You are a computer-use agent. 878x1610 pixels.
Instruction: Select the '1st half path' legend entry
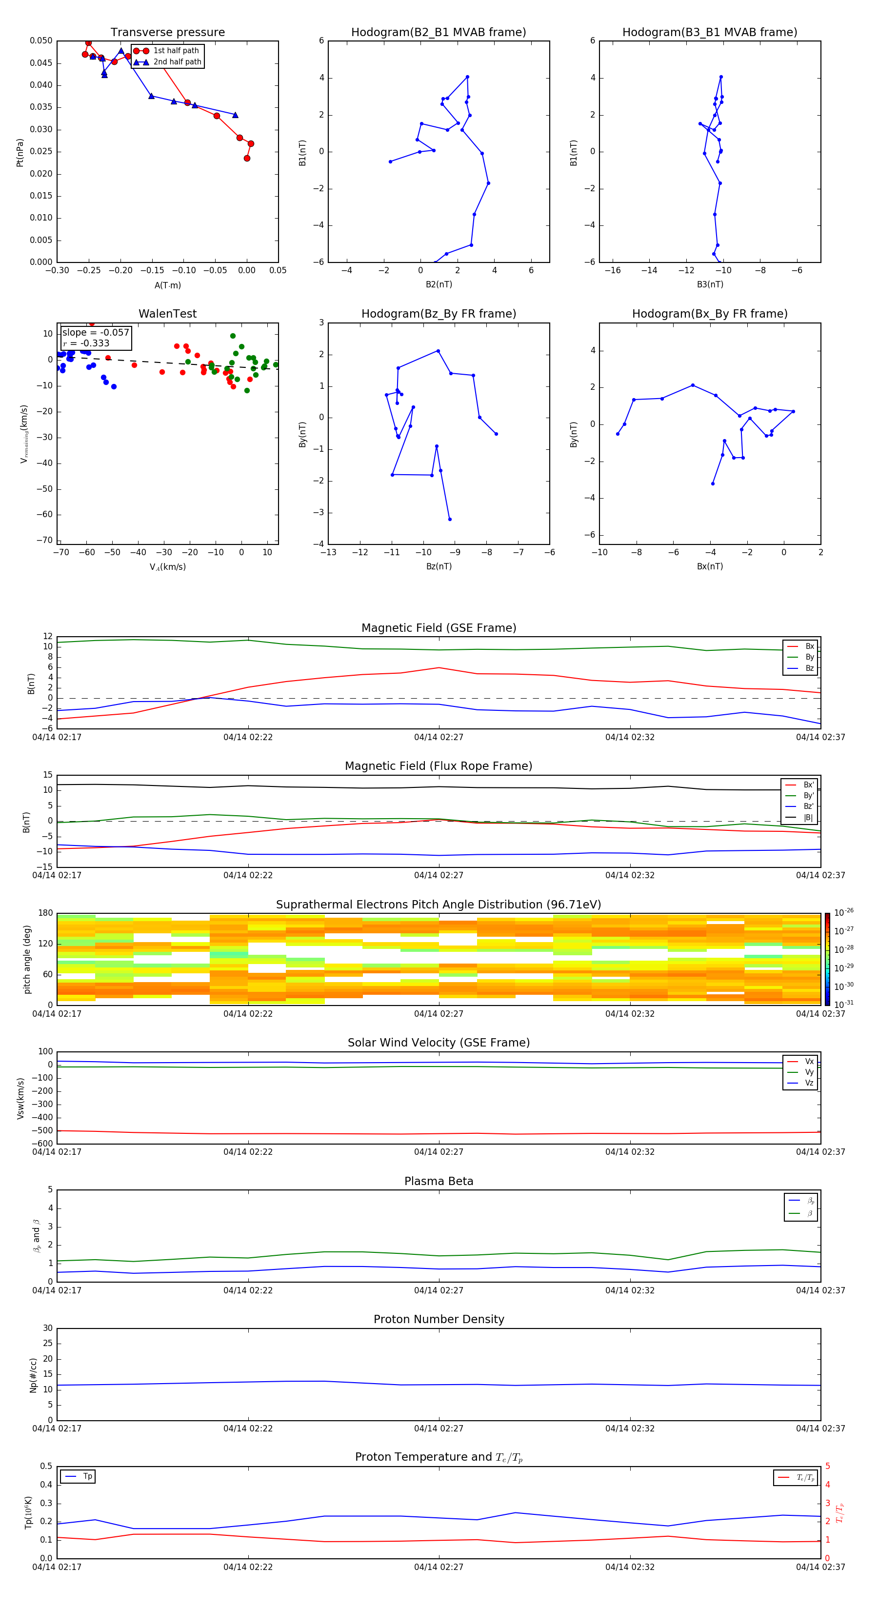coord(176,51)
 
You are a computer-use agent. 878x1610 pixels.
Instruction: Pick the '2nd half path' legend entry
coord(177,62)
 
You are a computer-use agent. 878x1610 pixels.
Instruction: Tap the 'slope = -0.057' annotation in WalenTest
coord(96,333)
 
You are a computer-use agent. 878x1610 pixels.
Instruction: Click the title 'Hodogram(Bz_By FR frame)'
coord(439,314)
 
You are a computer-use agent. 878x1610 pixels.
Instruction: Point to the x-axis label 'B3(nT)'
coord(710,284)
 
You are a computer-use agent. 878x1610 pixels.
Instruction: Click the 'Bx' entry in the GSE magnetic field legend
coord(809,646)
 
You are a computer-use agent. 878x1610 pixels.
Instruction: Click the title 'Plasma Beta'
coord(439,1181)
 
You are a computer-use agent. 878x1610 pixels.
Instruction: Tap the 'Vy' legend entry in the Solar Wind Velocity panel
coord(809,1072)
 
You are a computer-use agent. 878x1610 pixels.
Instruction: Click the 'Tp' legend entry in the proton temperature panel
coord(87,1476)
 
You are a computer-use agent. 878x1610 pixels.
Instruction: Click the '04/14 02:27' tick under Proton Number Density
coord(439,1428)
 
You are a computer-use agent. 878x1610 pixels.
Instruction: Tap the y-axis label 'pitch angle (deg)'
coord(27,959)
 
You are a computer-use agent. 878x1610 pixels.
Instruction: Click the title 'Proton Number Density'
coord(439,1319)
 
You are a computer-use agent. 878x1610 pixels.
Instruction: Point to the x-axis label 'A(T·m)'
coord(167,285)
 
